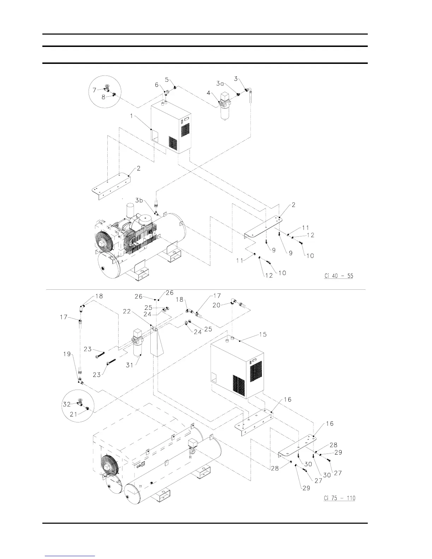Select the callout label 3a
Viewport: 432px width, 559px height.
(x=220, y=83)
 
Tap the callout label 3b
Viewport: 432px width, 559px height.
(x=139, y=200)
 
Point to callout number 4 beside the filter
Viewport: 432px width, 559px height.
(x=208, y=93)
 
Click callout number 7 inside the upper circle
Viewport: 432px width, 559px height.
(x=94, y=90)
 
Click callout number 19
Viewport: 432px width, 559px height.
(x=67, y=354)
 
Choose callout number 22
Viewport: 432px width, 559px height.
(x=127, y=311)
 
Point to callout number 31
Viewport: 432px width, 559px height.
(x=130, y=365)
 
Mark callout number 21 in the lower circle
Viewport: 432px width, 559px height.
(x=73, y=414)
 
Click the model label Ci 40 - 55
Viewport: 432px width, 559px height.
(x=338, y=276)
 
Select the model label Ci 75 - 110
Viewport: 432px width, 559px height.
(x=340, y=498)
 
